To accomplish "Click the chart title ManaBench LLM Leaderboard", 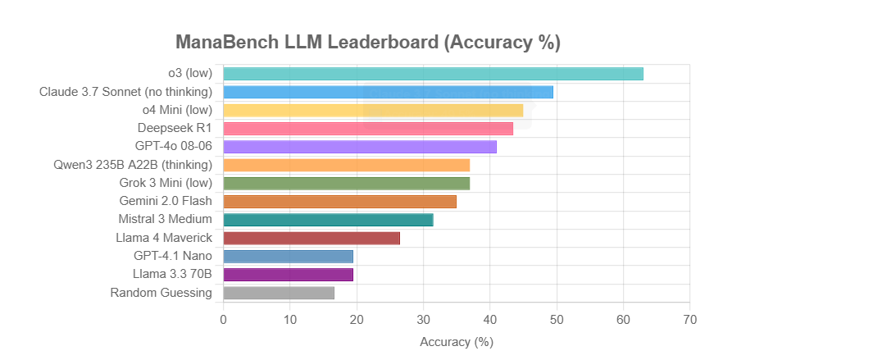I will [368, 43].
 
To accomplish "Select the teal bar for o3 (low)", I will [433, 74].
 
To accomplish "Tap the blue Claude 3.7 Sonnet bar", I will [388, 92].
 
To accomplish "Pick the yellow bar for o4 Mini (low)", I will [373, 110].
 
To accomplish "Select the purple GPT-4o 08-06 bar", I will [360, 147].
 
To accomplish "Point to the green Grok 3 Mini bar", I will [346, 183].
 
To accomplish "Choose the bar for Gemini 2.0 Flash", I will [339, 202].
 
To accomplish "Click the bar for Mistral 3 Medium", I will [328, 220].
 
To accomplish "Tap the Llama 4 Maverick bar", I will [311, 238].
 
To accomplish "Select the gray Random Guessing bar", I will [279, 293].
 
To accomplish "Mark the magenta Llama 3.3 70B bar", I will [288, 275].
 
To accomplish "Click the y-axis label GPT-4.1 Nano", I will [173, 256].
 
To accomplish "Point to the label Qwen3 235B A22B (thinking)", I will [132, 165].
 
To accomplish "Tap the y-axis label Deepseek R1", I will [175, 128].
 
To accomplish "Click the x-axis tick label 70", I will [689, 319].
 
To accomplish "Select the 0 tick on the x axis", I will [224, 319].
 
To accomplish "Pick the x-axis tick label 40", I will [490, 319].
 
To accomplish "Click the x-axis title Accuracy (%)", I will [457, 341].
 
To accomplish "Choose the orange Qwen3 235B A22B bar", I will [346, 165].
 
